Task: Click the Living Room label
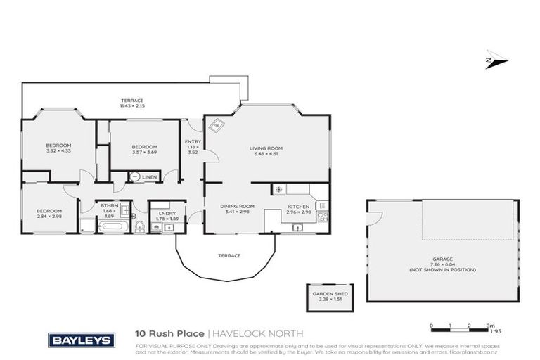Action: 266,148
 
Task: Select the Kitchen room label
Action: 298,206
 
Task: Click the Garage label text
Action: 442,259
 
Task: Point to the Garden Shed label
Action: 326,294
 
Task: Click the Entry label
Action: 193,142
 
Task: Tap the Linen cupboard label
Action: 149,177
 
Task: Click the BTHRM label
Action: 108,206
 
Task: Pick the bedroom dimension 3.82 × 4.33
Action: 58,151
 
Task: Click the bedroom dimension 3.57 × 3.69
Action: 144,151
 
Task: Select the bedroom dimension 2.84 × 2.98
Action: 49,215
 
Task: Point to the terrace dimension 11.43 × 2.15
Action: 131,105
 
